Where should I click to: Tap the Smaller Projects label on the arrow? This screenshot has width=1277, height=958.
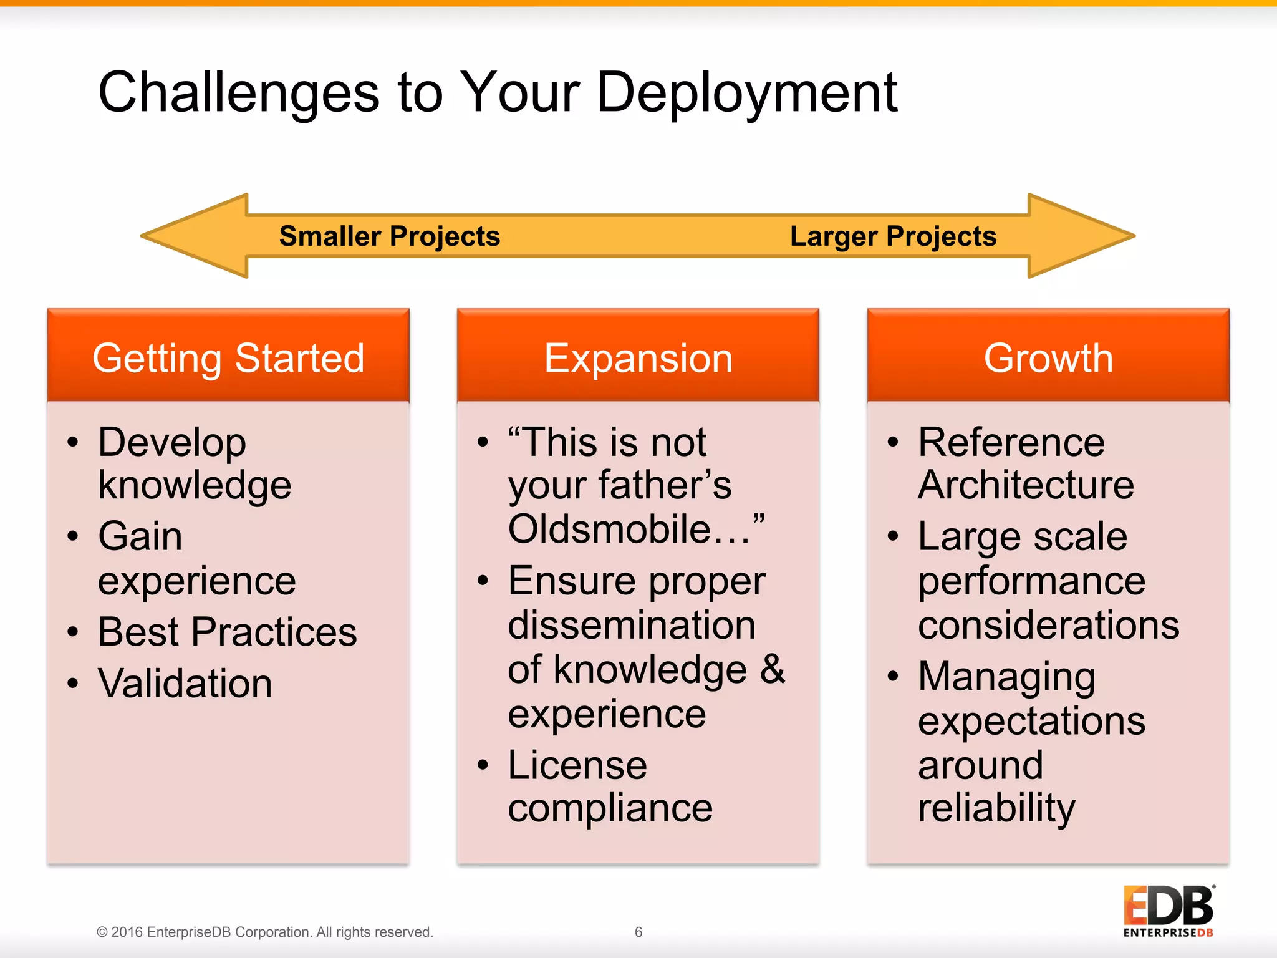click(x=389, y=236)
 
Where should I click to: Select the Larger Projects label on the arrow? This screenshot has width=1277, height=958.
click(x=893, y=236)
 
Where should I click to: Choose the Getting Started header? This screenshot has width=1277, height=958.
click(x=228, y=358)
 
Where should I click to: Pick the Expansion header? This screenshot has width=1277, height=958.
click(x=638, y=358)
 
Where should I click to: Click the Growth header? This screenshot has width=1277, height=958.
click(x=1048, y=358)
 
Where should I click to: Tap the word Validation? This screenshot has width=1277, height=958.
click(x=185, y=684)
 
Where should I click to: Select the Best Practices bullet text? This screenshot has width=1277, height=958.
click(x=228, y=632)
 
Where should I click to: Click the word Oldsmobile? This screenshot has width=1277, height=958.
click(x=609, y=529)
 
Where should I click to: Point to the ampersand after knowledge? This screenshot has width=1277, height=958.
click(x=773, y=669)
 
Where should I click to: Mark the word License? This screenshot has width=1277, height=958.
click(x=577, y=765)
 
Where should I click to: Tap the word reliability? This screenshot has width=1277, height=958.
click(x=996, y=808)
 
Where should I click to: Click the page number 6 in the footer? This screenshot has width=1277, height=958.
click(x=638, y=932)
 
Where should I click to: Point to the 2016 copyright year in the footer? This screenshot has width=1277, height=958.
click(x=127, y=932)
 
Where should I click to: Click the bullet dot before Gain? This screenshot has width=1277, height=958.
click(x=74, y=536)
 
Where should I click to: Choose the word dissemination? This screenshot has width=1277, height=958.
click(x=632, y=625)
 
